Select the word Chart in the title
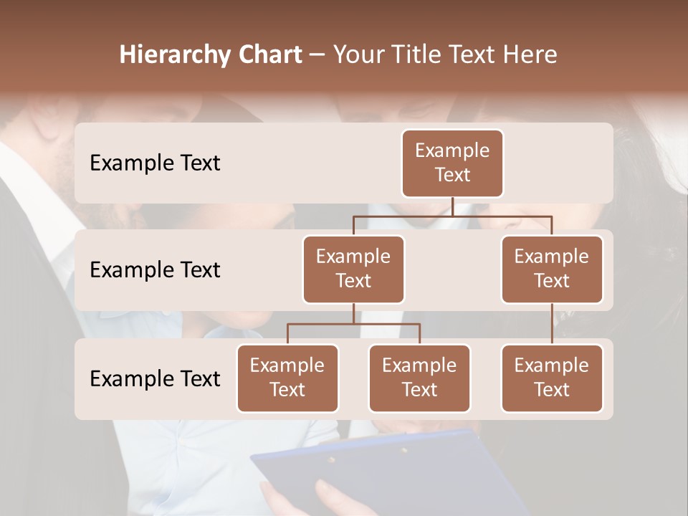coord(270,55)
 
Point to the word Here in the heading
coord(530,55)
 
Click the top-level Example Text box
coord(452,163)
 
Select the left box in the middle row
coord(353,269)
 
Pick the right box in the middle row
coord(552,269)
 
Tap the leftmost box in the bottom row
coord(287,378)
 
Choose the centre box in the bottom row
coord(419,378)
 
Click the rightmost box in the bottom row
coord(552,378)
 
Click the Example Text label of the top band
coord(155,163)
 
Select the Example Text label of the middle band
coord(155,270)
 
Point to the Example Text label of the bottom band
coord(155,378)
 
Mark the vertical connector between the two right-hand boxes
coord(552,324)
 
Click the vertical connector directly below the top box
coord(452,206)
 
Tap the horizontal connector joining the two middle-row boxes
coord(452,216)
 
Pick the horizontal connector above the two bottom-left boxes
coord(353,324)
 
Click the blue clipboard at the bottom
coord(387,466)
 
